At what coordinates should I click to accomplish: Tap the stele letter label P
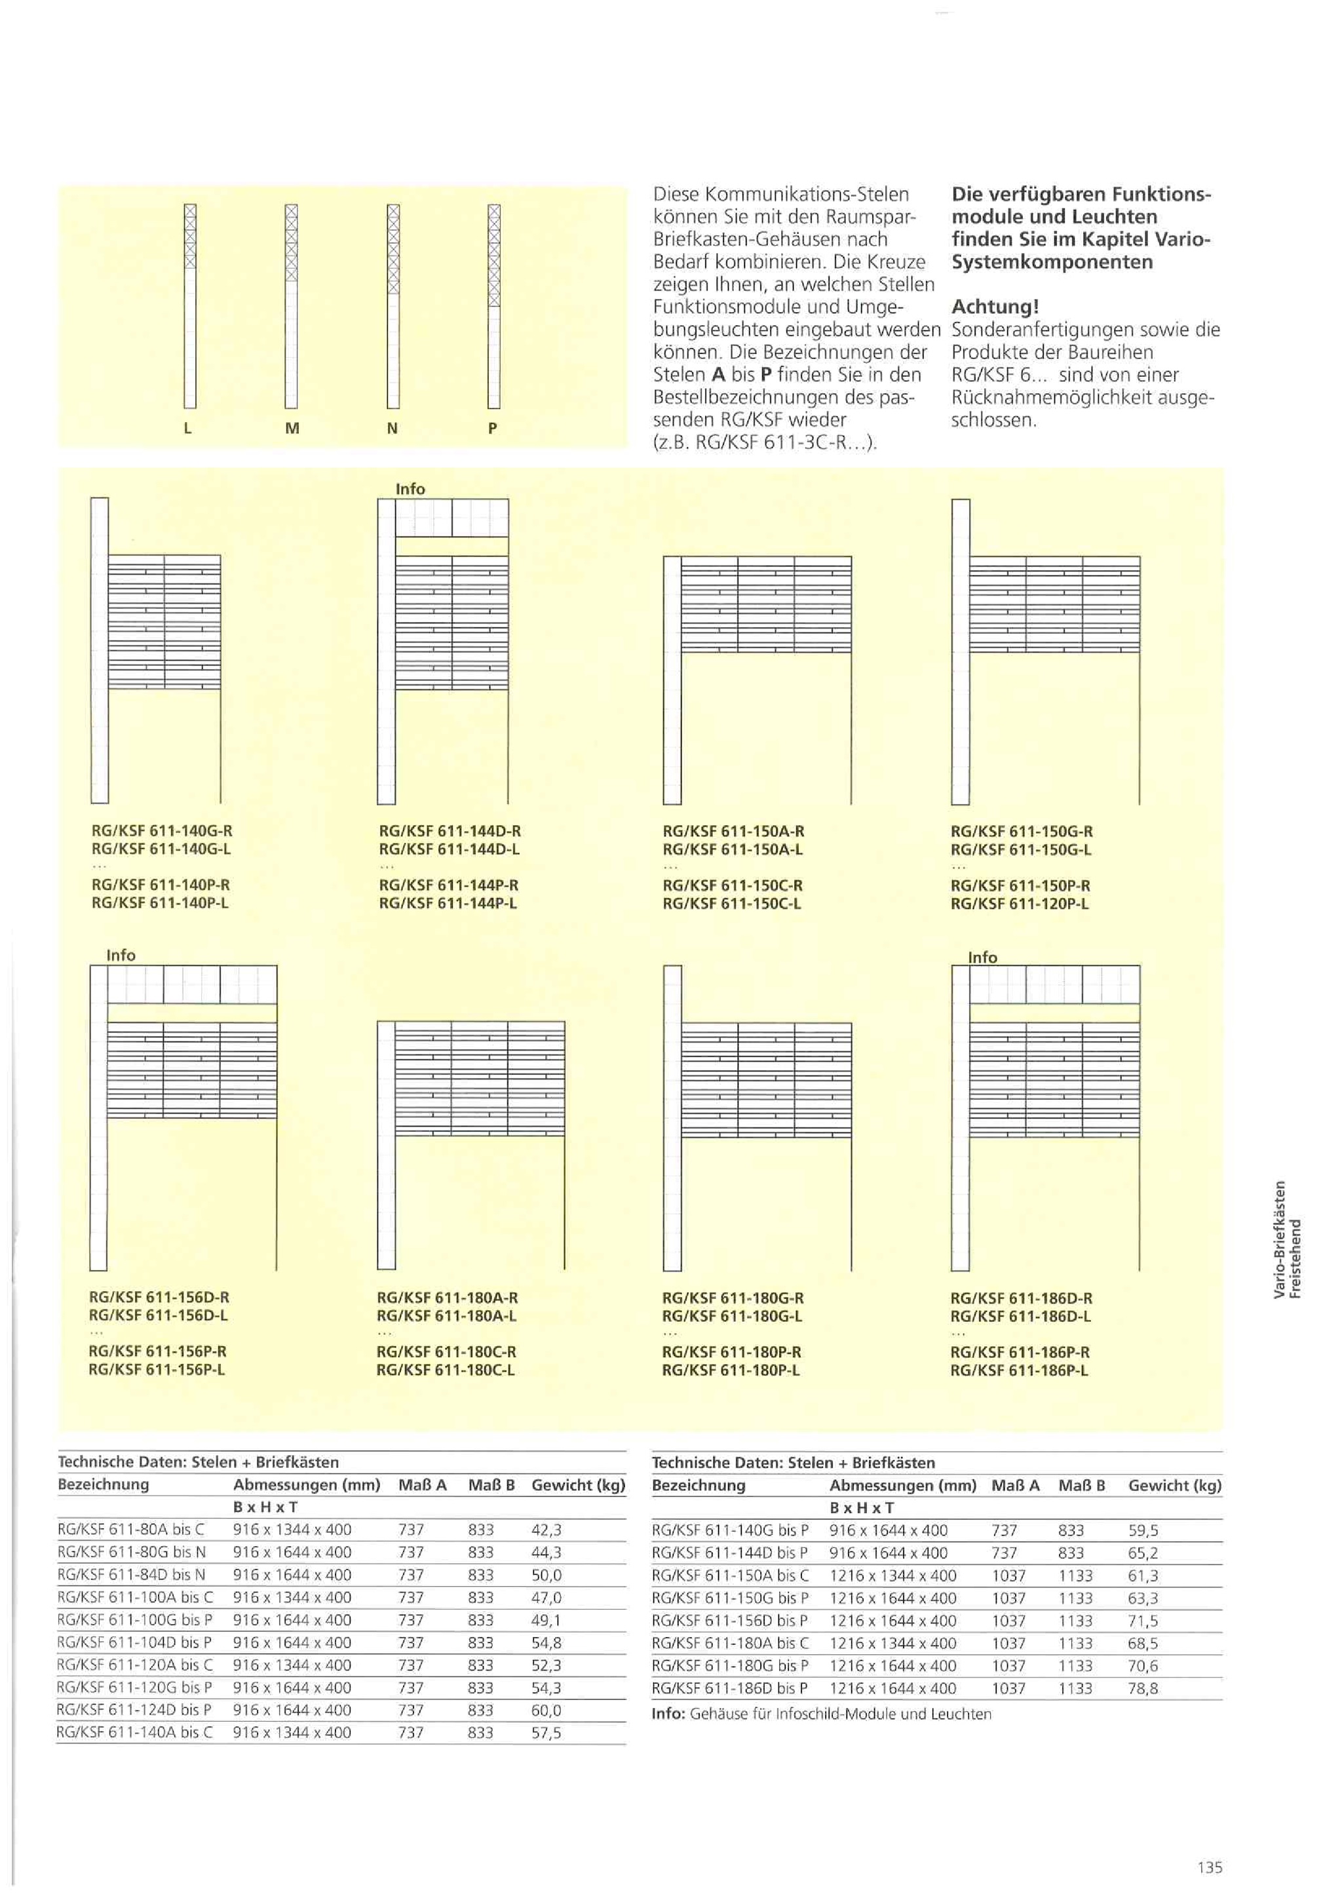493,428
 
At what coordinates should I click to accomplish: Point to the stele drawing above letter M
291,306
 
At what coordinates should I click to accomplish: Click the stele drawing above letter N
393,306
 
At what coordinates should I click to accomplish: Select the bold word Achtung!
995,307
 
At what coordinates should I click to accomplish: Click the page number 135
1210,1867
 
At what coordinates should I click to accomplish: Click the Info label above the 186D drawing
982,958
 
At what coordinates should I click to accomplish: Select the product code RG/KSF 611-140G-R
162,831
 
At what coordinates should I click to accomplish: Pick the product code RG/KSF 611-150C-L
732,904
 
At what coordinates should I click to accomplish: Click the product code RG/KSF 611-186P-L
1020,1370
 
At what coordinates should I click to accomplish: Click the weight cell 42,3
546,1530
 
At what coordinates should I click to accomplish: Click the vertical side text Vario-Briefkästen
1279,1240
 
